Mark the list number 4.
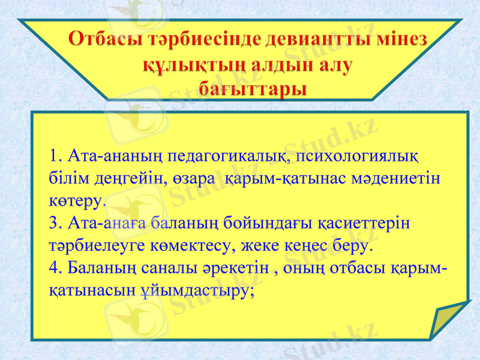coord(56,268)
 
